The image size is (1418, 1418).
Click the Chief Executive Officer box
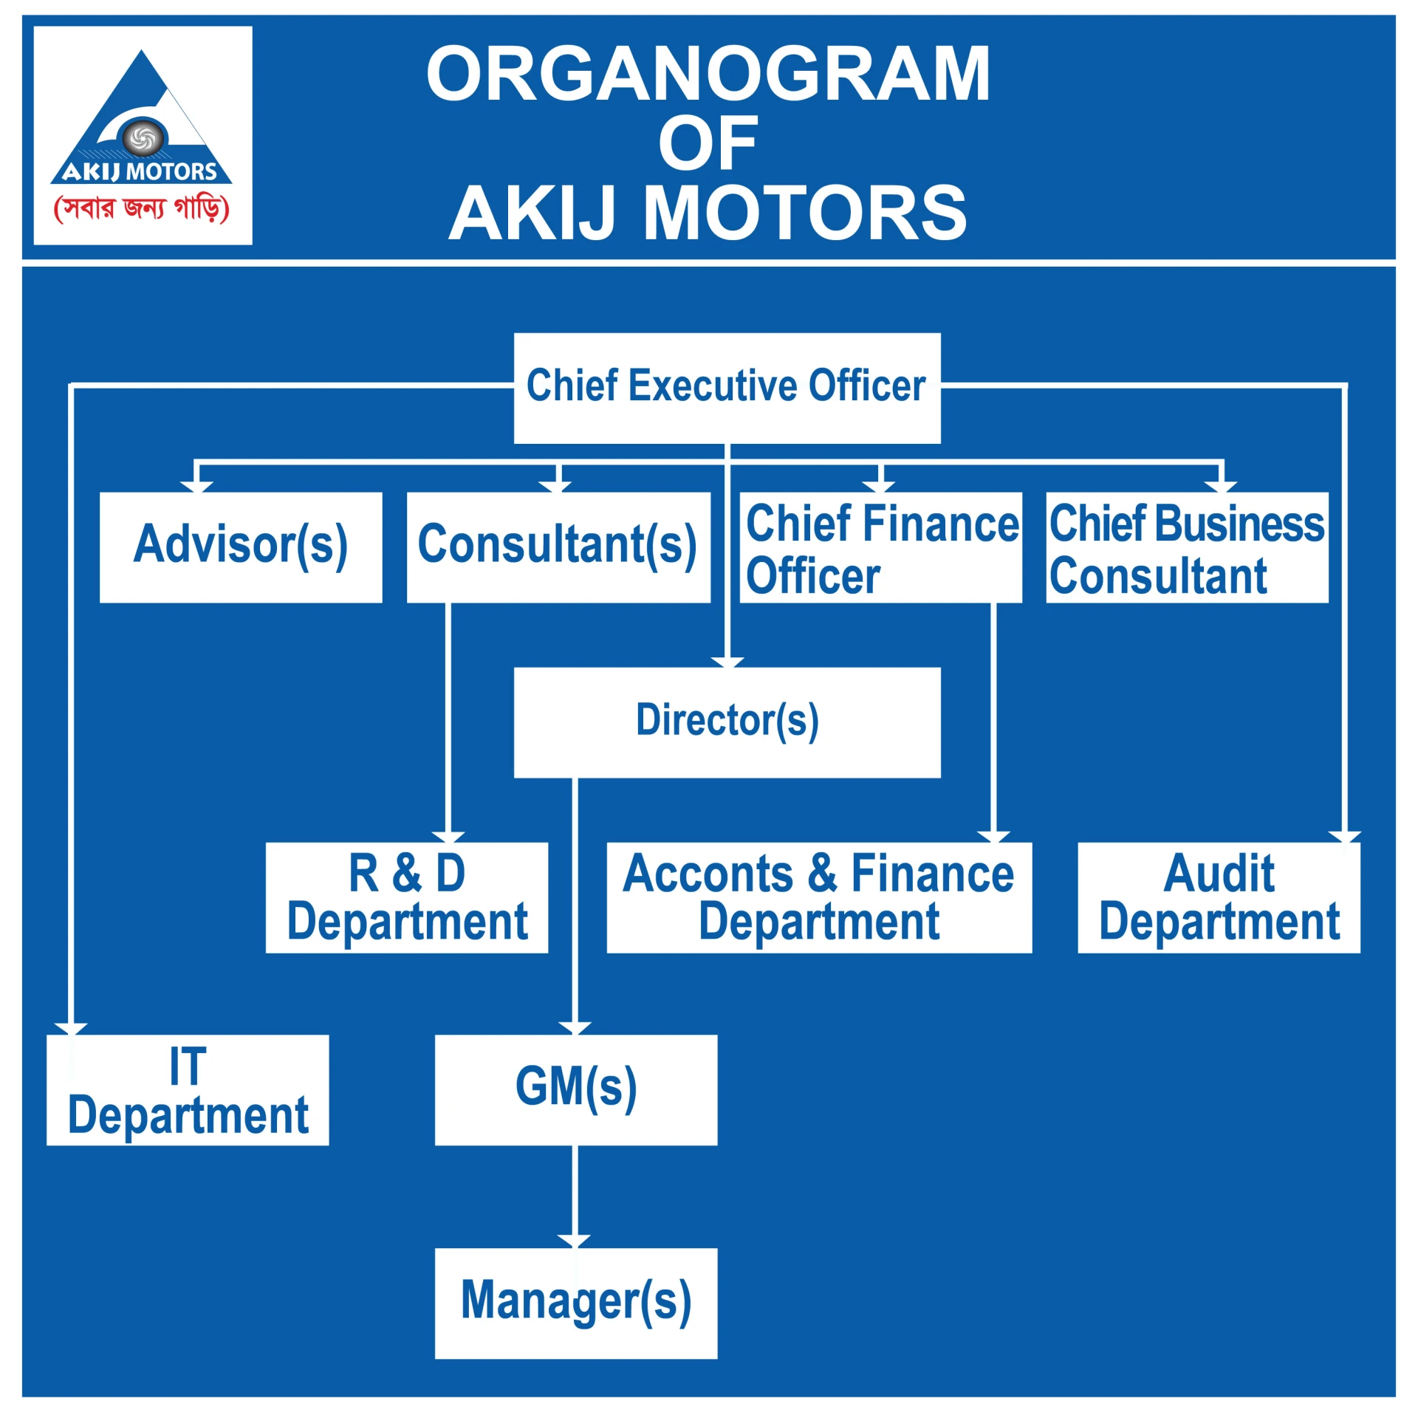pos(727,388)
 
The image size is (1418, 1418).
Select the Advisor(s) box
pos(241,547)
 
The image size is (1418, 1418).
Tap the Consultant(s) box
pos(558,547)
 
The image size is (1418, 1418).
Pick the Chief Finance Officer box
pos(881,547)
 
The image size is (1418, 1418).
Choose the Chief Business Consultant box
pos(1187,547)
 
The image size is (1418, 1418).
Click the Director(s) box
pos(727,722)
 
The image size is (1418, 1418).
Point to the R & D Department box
pos(407,897)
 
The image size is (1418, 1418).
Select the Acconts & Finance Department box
pos(819,897)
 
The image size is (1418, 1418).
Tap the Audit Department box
pos(1219,897)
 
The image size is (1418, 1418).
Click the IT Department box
pos(188,1090)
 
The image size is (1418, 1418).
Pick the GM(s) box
pos(576,1090)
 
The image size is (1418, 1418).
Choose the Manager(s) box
pos(576,1304)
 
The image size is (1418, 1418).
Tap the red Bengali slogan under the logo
pos(142,209)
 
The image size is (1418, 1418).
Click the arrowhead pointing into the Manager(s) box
pos(575,1241)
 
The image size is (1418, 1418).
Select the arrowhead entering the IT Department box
pos(71,1029)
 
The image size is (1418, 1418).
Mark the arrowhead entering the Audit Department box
pos(1345,837)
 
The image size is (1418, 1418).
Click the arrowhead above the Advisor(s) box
pos(196,487)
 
